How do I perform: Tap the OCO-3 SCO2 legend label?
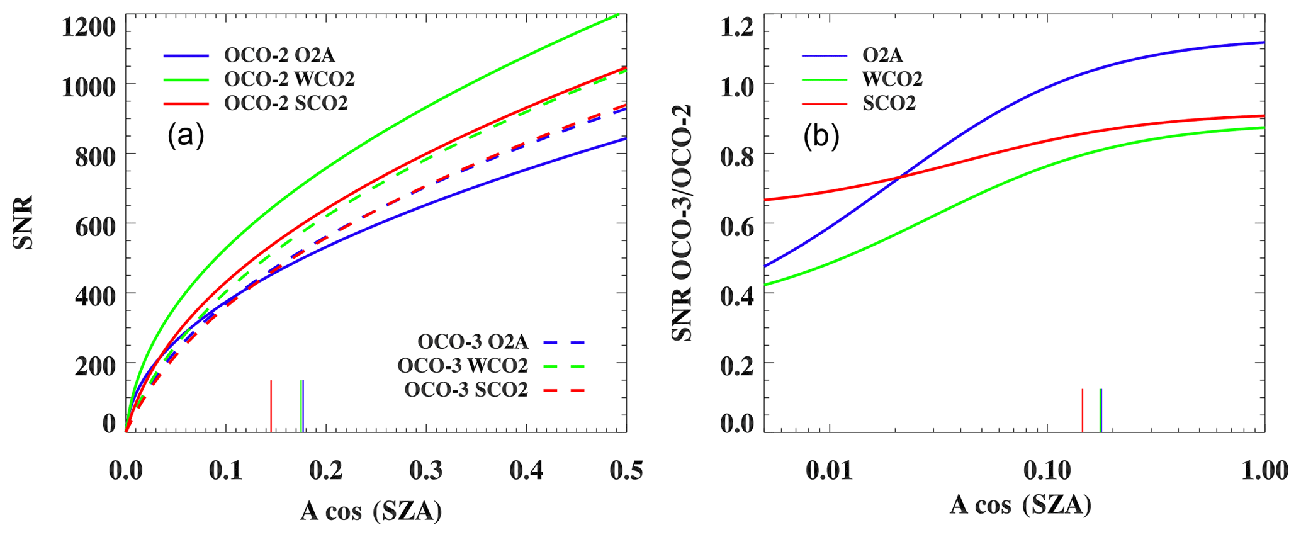tap(466, 390)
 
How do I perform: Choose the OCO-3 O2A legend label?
tap(473, 342)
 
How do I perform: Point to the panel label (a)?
tap(186, 135)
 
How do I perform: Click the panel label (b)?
tap(821, 137)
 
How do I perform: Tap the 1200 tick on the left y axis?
tap(89, 27)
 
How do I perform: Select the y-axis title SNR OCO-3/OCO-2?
tap(681, 223)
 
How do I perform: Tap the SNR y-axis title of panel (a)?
tap(23, 223)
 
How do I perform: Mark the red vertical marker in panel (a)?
tap(271, 406)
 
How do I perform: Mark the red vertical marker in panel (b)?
tap(1082, 410)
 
